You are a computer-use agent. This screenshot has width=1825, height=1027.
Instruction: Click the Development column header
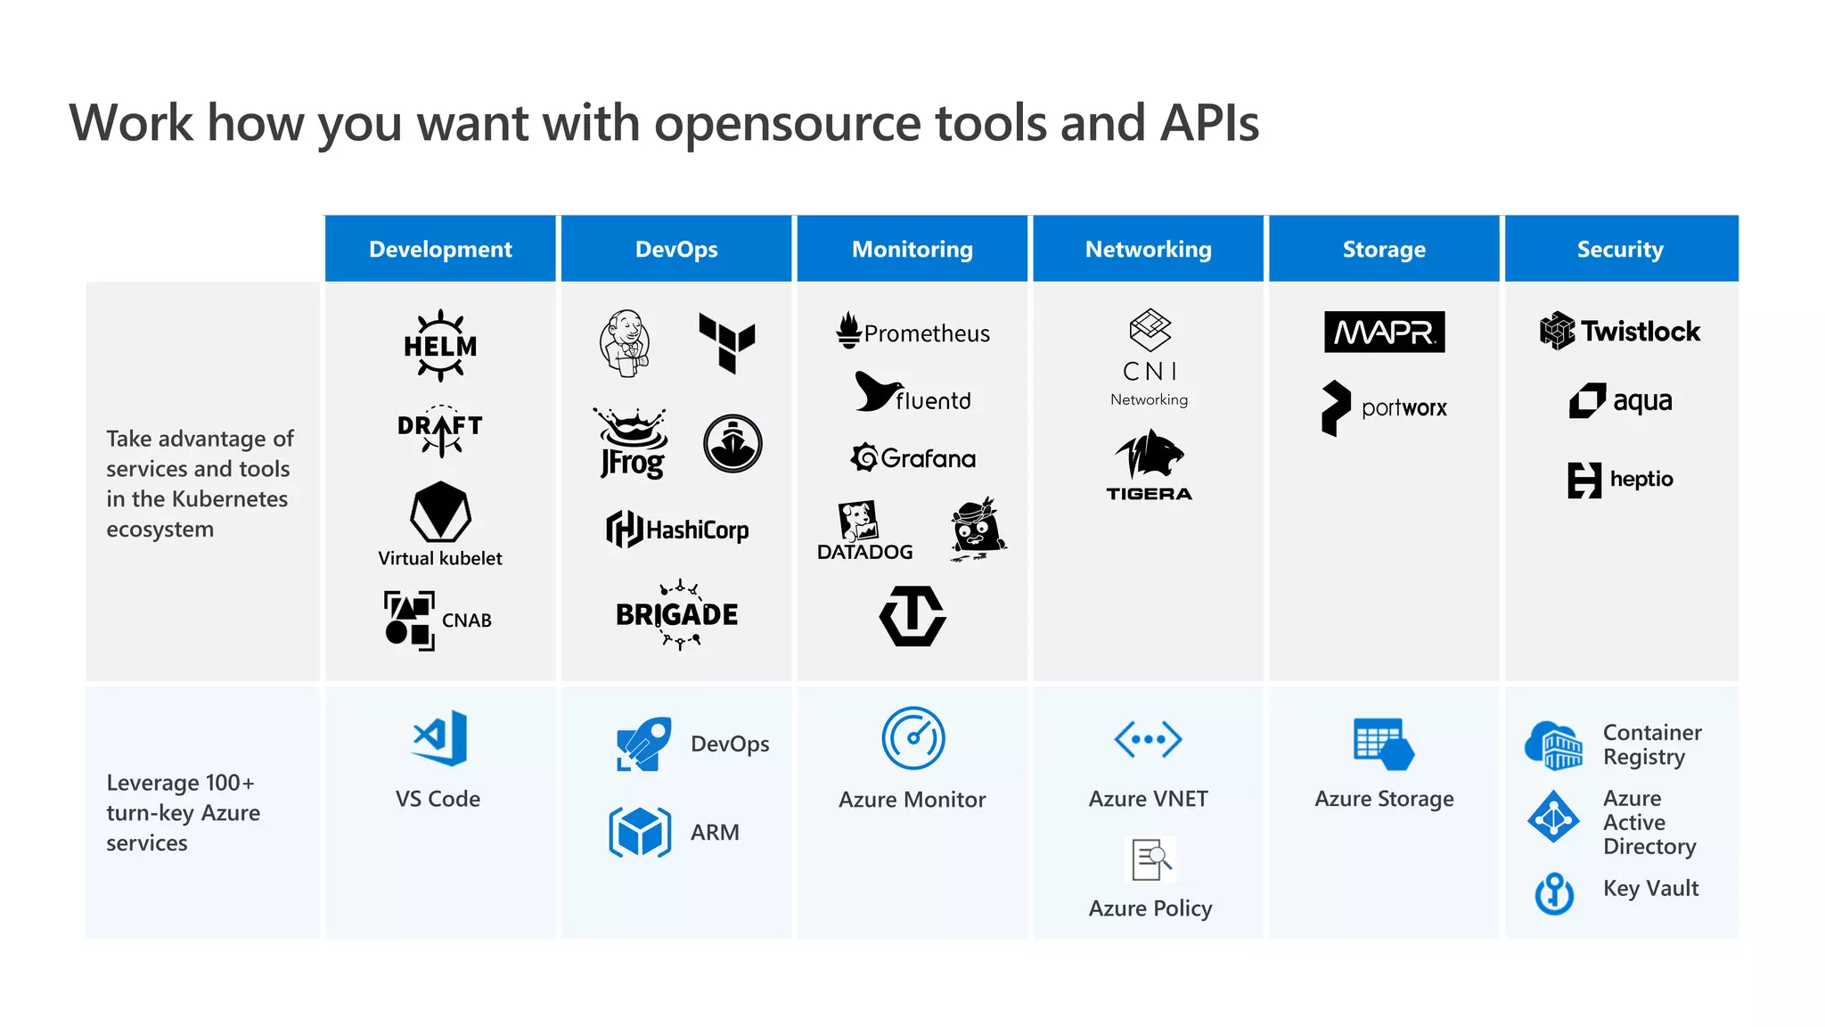440,250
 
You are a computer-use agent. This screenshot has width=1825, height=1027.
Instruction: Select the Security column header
1620,250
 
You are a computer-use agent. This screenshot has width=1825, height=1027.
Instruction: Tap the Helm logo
440,346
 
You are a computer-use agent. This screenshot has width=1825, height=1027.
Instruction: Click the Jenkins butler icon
625,343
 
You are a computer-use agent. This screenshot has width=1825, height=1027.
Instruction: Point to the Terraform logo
727,341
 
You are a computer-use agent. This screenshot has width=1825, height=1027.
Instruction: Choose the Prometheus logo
913,332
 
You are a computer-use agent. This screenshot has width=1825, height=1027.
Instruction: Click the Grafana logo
913,458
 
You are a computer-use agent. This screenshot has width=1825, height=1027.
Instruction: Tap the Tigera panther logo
1149,464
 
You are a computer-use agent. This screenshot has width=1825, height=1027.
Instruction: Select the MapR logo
1384,332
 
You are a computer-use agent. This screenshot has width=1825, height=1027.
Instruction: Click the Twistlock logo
1620,331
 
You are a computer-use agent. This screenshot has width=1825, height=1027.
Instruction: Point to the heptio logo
1620,480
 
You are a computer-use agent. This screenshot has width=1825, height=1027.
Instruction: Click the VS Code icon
439,738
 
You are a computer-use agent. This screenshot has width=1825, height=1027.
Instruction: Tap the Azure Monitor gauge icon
913,738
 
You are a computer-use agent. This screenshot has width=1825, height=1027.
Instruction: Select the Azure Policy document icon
1150,860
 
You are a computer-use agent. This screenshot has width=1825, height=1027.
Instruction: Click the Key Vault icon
1555,892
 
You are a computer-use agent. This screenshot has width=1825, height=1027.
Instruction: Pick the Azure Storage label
1384,799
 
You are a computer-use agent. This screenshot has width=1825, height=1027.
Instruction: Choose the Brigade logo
677,614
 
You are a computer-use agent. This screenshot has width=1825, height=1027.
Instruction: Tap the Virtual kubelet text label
440,559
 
